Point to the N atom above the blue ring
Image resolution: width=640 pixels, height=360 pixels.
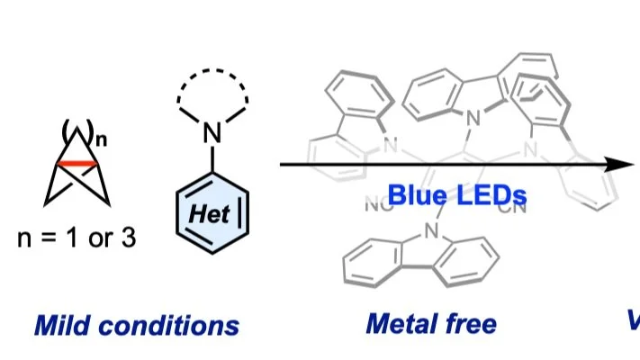tap(212, 134)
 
